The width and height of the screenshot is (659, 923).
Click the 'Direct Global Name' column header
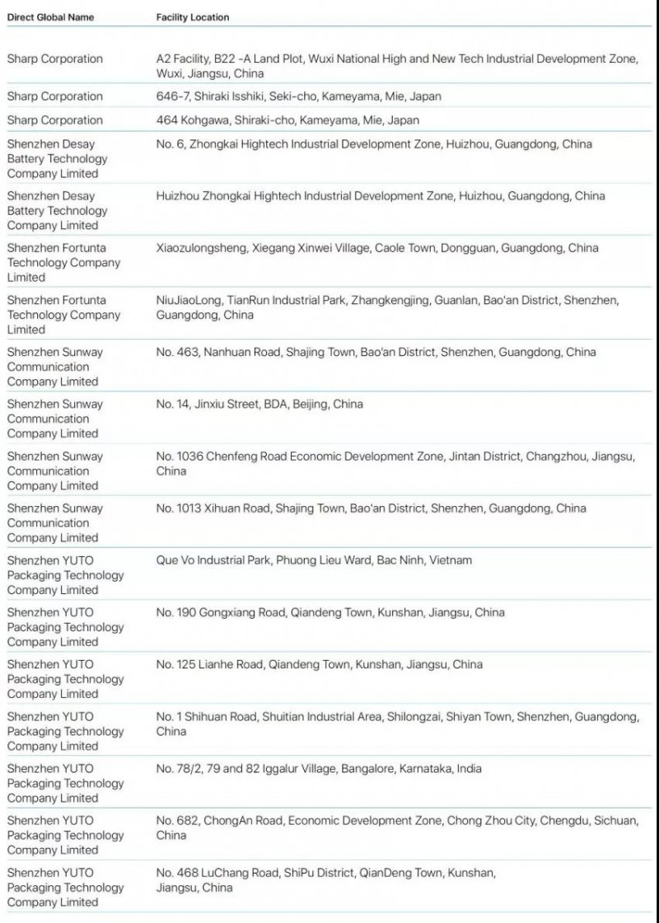tap(50, 17)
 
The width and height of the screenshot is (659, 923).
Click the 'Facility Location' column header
tap(193, 17)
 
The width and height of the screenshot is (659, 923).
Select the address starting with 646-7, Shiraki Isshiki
tap(298, 96)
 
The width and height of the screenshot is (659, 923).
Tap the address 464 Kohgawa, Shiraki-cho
tap(287, 120)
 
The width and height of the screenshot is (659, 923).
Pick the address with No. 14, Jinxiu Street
tap(259, 405)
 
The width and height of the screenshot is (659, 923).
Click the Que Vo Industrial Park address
tap(314, 560)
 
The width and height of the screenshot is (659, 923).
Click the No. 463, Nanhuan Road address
tap(376, 353)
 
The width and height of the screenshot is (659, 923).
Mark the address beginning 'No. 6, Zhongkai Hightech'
tap(374, 144)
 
